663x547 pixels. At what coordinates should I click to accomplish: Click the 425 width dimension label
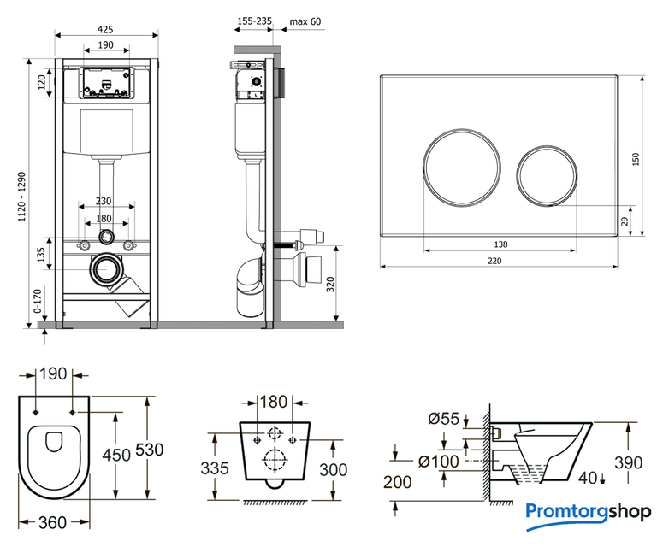[106, 29]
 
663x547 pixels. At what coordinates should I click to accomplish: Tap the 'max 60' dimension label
[305, 21]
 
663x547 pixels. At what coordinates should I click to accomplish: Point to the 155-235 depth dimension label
[255, 21]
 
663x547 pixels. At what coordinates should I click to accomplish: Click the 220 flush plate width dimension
[500, 262]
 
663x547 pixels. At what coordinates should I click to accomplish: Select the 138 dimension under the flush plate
[500, 244]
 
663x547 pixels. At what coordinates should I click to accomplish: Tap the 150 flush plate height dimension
[635, 159]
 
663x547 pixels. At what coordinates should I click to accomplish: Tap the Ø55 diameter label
[444, 418]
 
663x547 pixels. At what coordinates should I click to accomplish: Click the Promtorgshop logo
[589, 511]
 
